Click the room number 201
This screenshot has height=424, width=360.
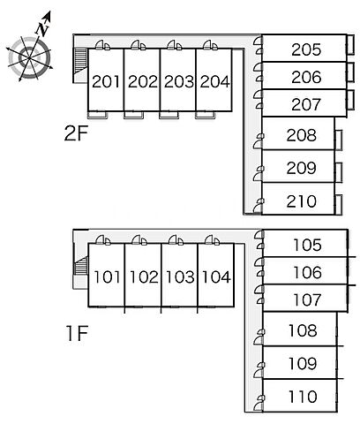coord(106,81)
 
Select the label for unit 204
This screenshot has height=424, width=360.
coord(214,81)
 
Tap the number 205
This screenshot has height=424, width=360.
coord(306,49)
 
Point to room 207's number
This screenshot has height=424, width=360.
coord(306,104)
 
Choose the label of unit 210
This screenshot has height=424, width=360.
coord(302,201)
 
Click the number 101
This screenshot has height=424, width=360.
coord(107,277)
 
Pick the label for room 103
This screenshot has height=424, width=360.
coord(180,277)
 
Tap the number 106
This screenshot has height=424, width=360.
coord(307,272)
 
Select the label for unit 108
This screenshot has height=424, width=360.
coord(303,330)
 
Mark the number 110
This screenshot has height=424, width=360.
coord(303,397)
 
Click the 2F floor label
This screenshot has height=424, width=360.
coord(76,134)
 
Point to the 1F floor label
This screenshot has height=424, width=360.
coord(77,334)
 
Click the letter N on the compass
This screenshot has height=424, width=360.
coord(42,29)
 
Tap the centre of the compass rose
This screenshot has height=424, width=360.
coord(29,57)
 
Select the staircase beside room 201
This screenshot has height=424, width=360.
coord(81,61)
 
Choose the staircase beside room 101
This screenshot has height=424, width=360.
coord(81,266)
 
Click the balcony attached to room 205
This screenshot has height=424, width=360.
coord(350,45)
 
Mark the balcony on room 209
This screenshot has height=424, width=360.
coord(339,172)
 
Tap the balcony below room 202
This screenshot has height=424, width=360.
coord(134,115)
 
